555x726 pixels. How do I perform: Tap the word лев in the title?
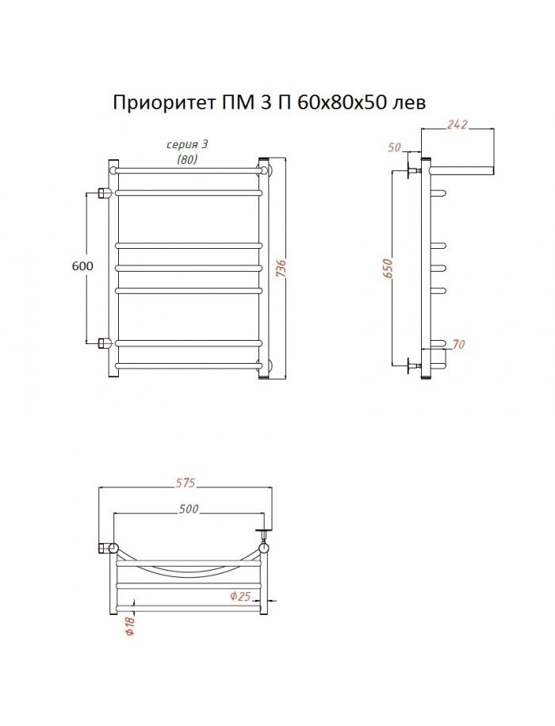pyautogui.click(x=409, y=103)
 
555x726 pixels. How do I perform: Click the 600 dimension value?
pyautogui.click(x=82, y=266)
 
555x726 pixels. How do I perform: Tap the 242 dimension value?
pyautogui.click(x=457, y=124)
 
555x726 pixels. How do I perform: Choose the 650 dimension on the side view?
pyautogui.click(x=388, y=269)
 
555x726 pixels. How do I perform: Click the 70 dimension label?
pyautogui.click(x=457, y=344)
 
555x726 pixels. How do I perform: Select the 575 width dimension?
pyautogui.click(x=186, y=483)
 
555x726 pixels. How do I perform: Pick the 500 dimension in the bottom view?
pyautogui.click(x=188, y=509)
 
